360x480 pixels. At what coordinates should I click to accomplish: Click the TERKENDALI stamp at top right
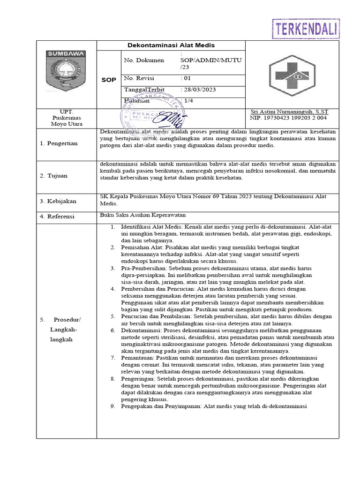pos(306,29)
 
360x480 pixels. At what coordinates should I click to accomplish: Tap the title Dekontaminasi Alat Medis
pos(171,45)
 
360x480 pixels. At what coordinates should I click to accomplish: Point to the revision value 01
pos(186,78)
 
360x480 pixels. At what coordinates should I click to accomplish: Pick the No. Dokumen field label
pos(144,60)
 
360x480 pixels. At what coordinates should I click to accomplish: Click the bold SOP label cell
pos(109,80)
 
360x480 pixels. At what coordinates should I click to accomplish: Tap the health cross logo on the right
pos(292,75)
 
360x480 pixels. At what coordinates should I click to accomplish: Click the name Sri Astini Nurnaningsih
pos(289,112)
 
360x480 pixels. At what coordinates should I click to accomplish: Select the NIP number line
pos(289,118)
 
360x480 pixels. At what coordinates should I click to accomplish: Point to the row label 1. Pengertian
pos(59,143)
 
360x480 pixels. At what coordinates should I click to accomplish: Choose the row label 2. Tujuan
pos(53,176)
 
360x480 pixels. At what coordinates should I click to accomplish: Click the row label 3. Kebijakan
pos(58,201)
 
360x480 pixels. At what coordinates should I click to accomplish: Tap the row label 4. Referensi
pos(58,217)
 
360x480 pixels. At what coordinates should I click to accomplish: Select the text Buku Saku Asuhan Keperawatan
pos(143,215)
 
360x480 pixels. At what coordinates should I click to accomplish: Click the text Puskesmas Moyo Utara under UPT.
pos(66,121)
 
